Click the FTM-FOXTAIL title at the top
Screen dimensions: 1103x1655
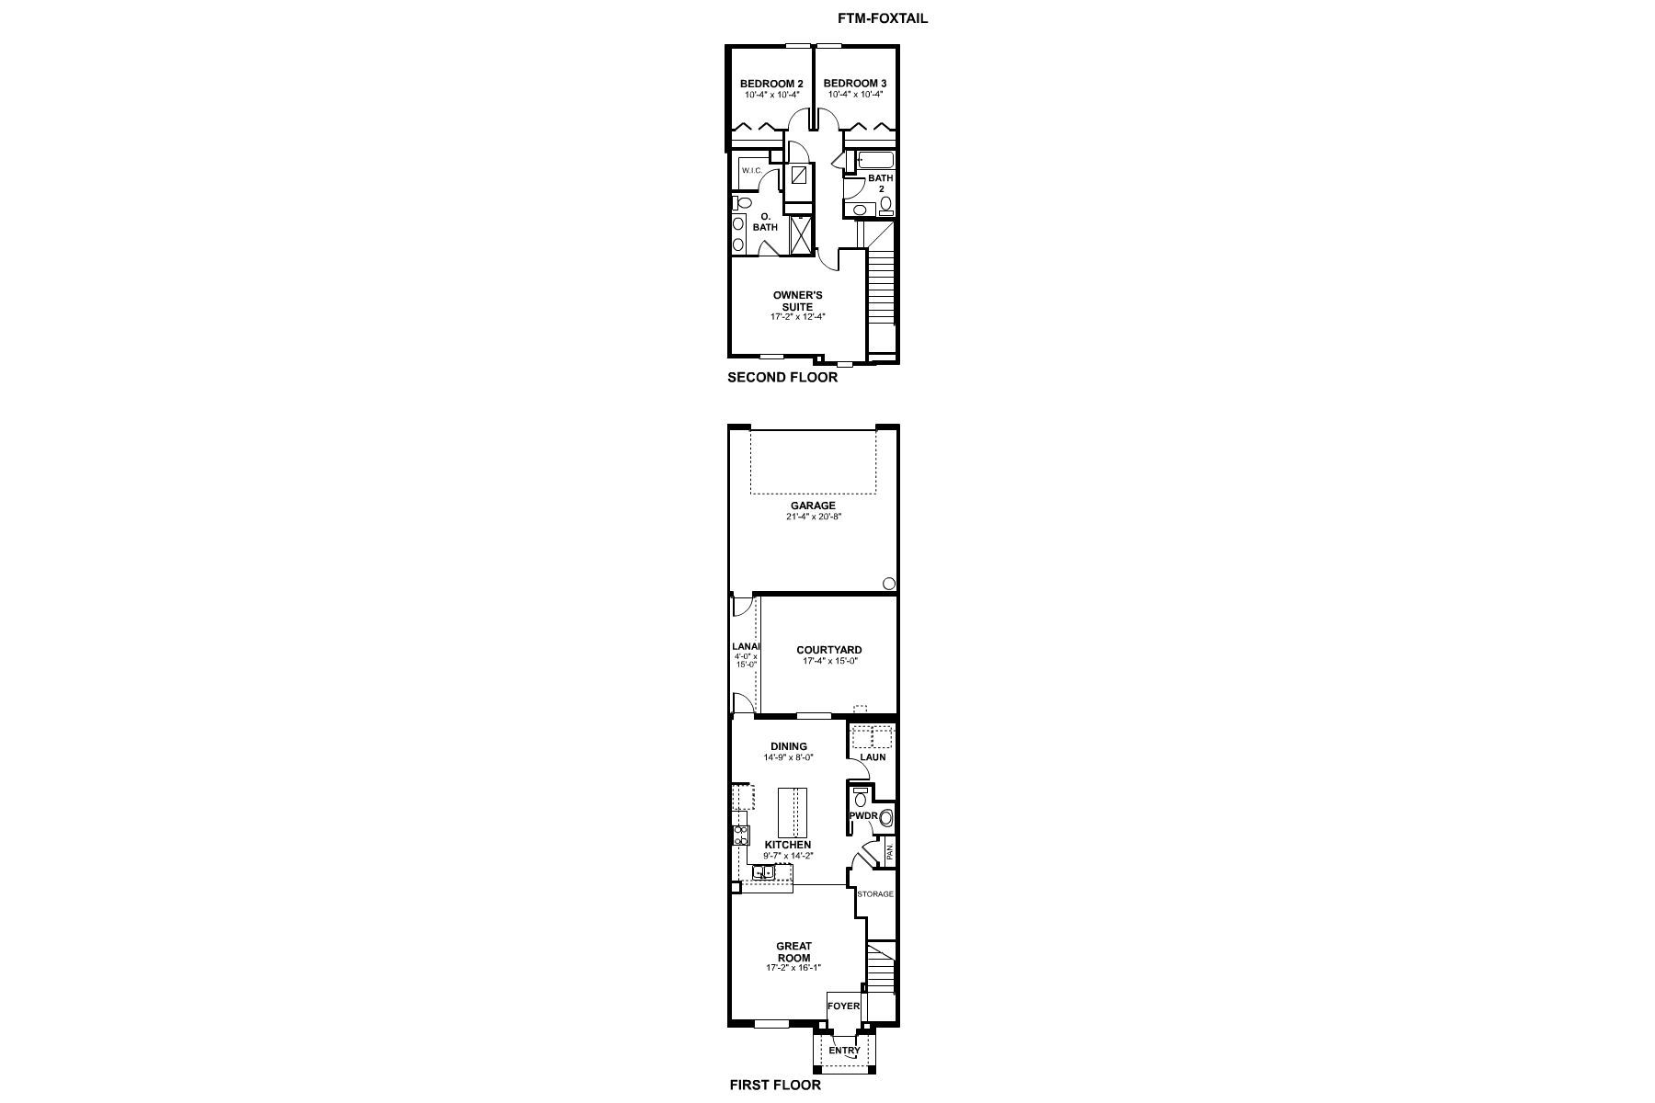[882, 18]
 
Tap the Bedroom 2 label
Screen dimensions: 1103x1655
[771, 84]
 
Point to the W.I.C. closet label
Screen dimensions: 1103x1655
[751, 171]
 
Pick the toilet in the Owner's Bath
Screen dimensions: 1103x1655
[743, 203]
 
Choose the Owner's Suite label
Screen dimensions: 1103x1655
[797, 301]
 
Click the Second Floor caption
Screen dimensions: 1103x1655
[782, 377]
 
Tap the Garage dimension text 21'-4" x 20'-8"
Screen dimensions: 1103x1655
[813, 517]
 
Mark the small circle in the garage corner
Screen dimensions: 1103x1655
[889, 583]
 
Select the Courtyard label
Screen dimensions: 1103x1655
[829, 650]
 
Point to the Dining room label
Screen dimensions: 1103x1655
[788, 746]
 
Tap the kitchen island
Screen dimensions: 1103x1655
[792, 812]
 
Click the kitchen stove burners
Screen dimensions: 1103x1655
[740, 836]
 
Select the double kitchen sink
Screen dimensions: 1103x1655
[764, 871]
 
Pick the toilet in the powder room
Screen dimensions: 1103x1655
[861, 799]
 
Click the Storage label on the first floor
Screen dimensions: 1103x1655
[874, 894]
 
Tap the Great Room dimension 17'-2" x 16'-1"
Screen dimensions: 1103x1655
[793, 968]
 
